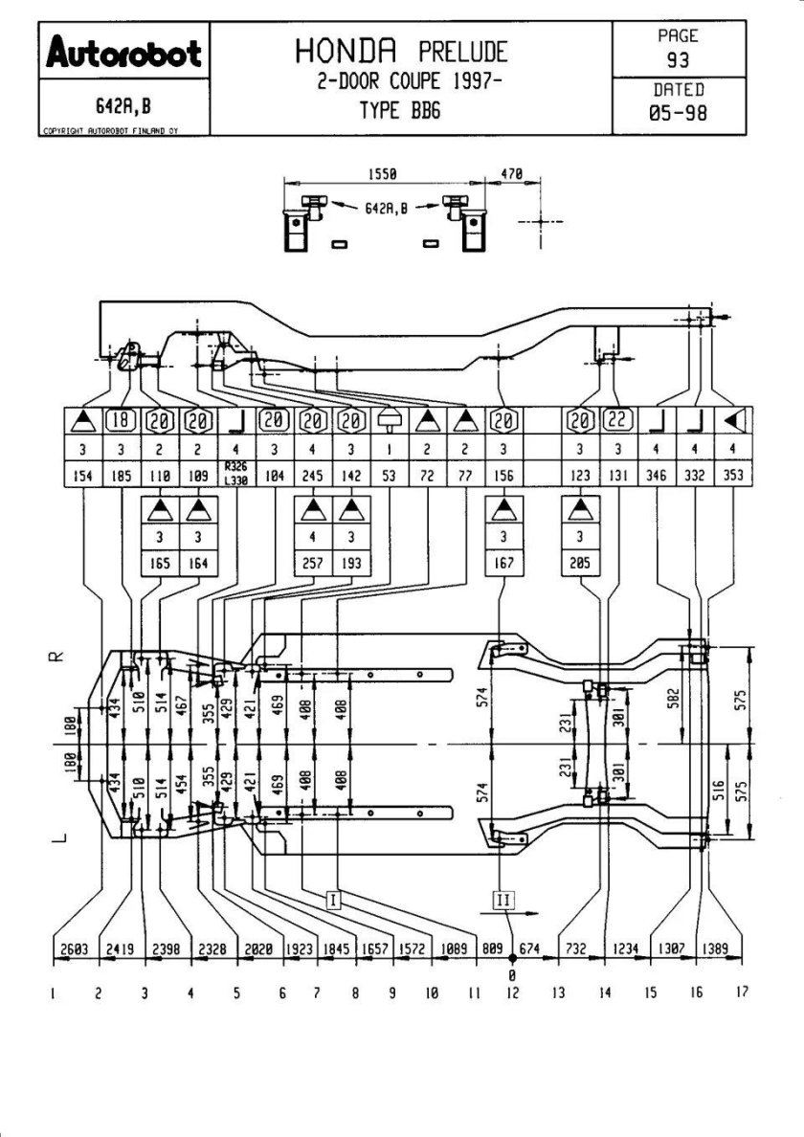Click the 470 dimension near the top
pyautogui.click(x=513, y=174)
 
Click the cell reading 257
pyautogui.click(x=313, y=564)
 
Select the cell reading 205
pyautogui.click(x=578, y=564)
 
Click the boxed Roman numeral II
pyautogui.click(x=503, y=899)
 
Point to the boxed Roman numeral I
pyautogui.click(x=333, y=899)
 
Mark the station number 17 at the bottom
pyautogui.click(x=741, y=992)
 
